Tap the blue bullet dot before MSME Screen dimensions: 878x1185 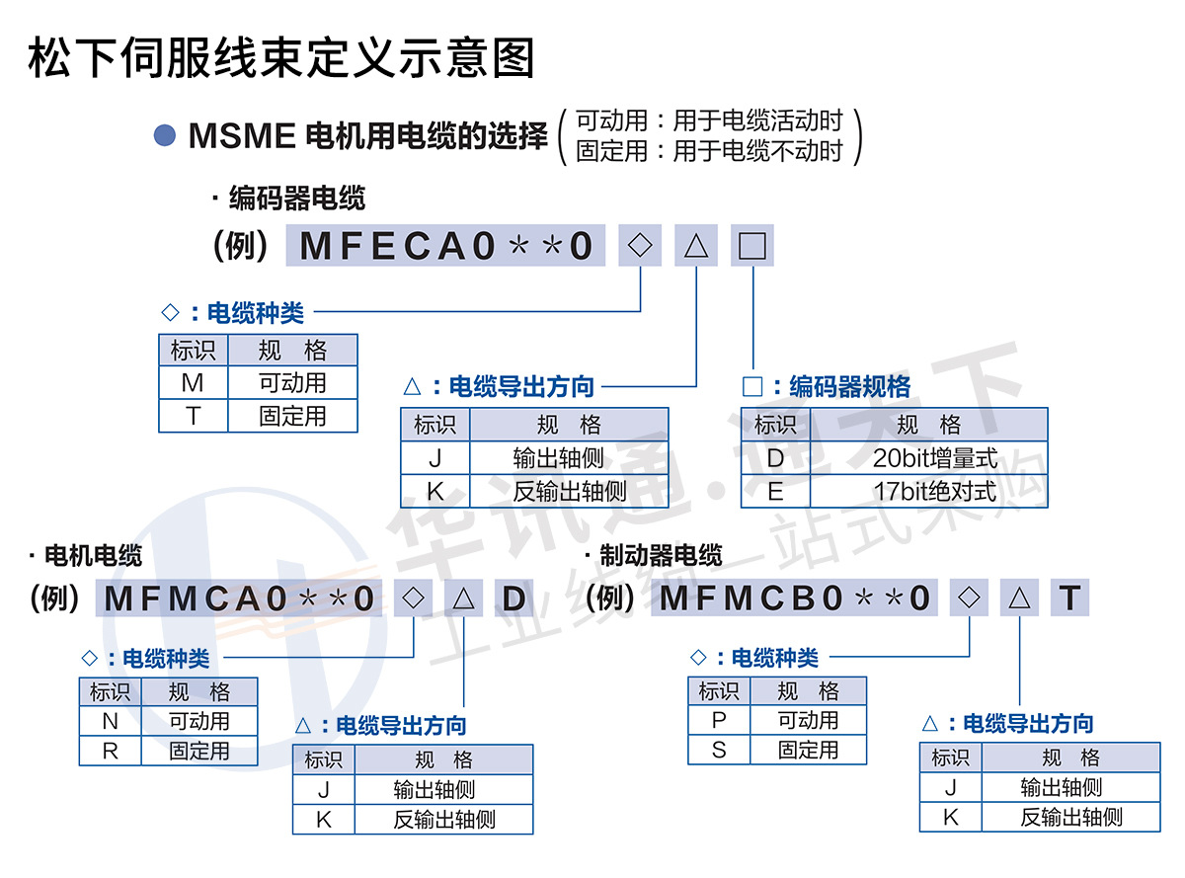165,134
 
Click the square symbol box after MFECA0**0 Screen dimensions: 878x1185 752,246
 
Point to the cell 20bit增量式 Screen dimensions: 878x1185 928,458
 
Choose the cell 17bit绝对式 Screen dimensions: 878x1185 928,491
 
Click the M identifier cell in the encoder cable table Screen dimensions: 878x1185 194,383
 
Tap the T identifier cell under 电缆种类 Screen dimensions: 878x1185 194,416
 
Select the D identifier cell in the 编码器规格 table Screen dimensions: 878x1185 775,458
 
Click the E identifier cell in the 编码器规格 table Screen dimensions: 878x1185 775,491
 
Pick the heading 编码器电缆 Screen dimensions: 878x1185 296,198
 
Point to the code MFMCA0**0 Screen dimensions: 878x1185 240,599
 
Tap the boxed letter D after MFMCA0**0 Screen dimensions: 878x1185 514,599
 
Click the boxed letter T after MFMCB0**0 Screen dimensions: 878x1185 1070,598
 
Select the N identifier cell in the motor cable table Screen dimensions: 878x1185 111,722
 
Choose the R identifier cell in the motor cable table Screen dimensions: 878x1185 111,751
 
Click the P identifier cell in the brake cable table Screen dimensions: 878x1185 719,720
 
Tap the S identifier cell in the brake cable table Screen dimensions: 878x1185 719,750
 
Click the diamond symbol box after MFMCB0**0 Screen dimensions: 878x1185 970,598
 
